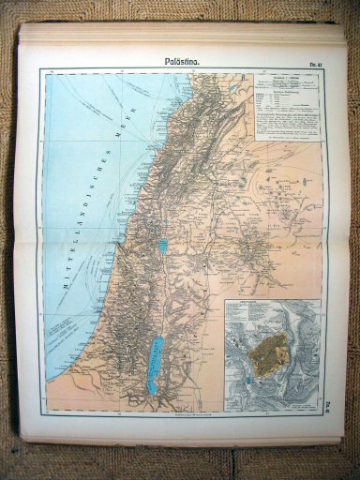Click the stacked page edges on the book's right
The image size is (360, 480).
click(340, 234)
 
